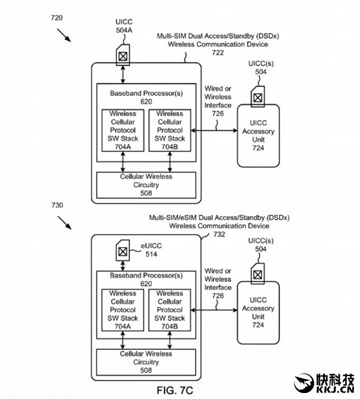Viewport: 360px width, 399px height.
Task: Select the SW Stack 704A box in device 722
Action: (x=122, y=130)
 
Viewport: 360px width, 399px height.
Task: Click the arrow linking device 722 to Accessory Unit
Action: (x=214, y=130)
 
